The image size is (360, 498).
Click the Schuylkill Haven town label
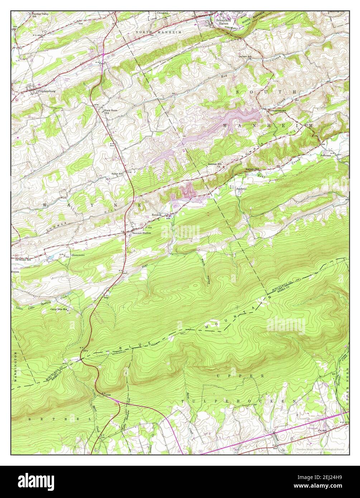point(224,22)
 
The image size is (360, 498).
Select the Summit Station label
point(141,233)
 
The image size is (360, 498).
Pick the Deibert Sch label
point(247,56)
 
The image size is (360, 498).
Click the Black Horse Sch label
point(111,111)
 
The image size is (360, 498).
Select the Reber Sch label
point(117,174)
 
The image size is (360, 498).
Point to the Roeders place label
point(157,215)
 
